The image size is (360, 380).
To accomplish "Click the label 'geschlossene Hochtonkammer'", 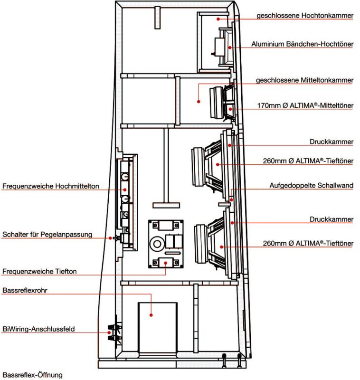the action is point(305,16).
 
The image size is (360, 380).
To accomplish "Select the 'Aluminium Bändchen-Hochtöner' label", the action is point(302,44).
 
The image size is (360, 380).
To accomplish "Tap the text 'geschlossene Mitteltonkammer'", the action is point(304,80).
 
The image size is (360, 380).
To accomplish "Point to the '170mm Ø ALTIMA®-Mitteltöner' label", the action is point(305,105).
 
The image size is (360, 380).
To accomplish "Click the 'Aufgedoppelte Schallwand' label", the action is point(311,185).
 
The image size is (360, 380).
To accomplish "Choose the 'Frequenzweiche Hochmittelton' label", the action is point(51,186).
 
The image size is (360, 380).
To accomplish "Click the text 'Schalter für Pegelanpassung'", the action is point(47,234).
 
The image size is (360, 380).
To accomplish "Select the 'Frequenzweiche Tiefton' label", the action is point(39,271).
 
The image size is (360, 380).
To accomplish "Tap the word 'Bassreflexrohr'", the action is point(25,290).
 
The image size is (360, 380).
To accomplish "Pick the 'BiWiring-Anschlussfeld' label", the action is point(38,329).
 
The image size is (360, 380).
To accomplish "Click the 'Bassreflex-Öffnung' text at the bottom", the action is point(32,375).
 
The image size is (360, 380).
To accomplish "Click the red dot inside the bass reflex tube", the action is point(151,315).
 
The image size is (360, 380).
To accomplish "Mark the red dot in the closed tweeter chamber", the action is point(218,19).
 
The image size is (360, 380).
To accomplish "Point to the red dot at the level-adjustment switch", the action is point(110,238).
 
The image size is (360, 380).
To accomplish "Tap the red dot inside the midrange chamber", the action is point(199,102).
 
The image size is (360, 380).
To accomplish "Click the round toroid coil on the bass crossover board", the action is point(157,244).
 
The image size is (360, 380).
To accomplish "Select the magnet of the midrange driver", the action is point(216,103).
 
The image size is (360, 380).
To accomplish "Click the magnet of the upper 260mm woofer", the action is point(199,167).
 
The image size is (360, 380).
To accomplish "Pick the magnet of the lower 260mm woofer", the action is point(201,244).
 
